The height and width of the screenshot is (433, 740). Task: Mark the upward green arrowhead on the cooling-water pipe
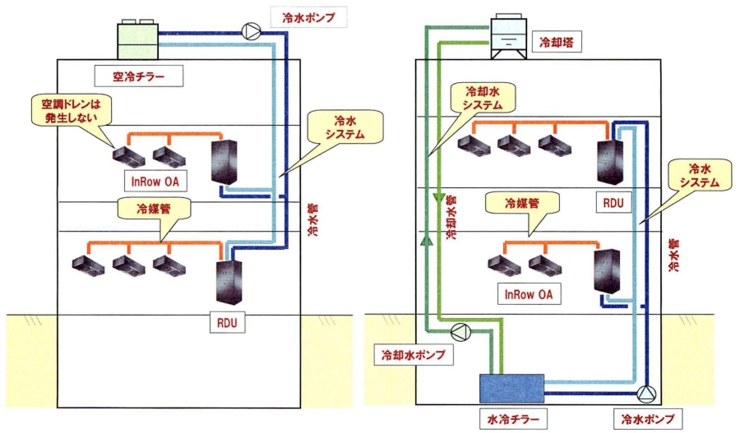(x=426, y=241)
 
